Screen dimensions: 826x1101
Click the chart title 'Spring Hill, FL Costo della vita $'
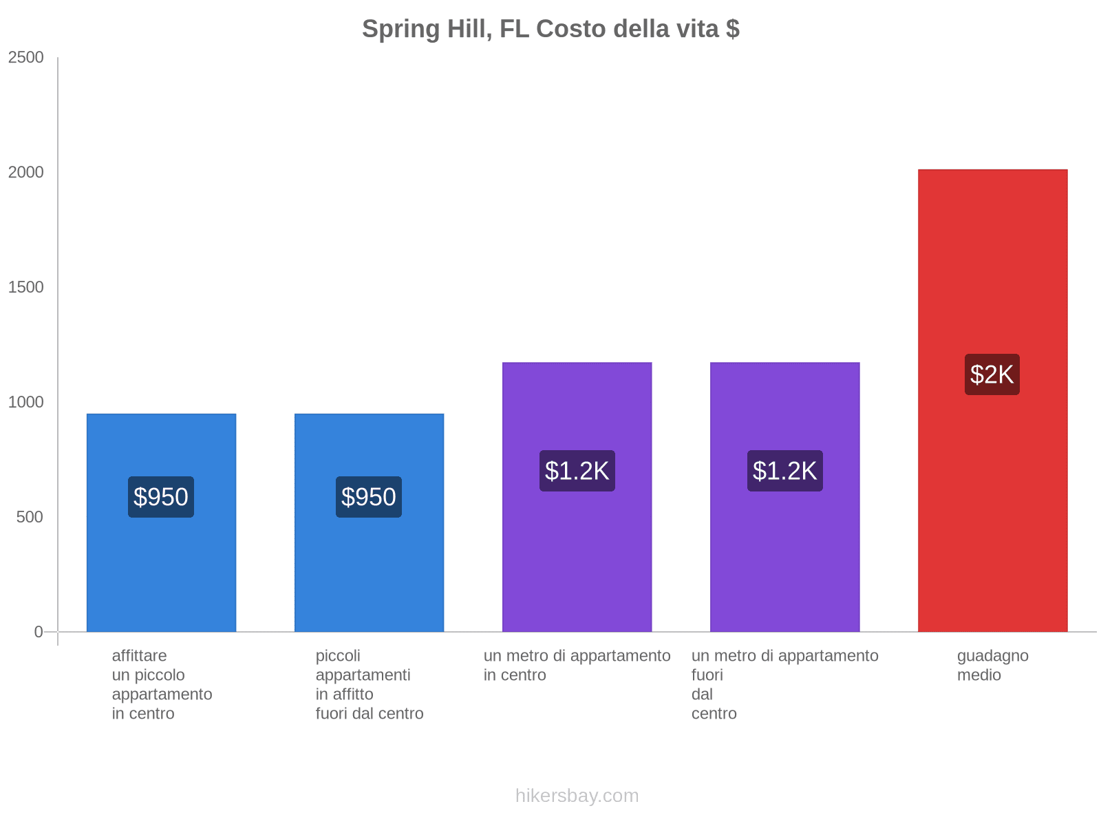(x=550, y=29)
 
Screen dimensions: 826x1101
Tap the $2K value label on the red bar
(x=992, y=374)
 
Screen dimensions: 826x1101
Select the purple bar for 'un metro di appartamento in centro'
(x=577, y=551)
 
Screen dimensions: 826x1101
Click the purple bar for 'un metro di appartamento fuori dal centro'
(x=784, y=551)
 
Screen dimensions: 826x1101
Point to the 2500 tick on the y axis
(x=26, y=58)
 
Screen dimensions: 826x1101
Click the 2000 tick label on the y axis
(x=26, y=173)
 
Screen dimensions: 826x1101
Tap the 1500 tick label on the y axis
(x=26, y=288)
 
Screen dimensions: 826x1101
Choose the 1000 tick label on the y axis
(x=26, y=402)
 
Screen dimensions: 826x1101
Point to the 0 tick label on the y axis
(x=39, y=632)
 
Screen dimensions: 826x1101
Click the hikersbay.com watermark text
(x=577, y=796)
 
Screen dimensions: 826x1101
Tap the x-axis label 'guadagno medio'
(x=992, y=666)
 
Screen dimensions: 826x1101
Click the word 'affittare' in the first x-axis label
(x=139, y=656)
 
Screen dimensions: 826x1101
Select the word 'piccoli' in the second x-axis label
(x=338, y=656)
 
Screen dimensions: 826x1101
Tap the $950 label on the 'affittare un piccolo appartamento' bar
(x=161, y=497)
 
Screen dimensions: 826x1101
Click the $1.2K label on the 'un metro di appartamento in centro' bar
(x=577, y=471)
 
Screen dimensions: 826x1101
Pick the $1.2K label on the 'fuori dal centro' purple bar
(x=784, y=471)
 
